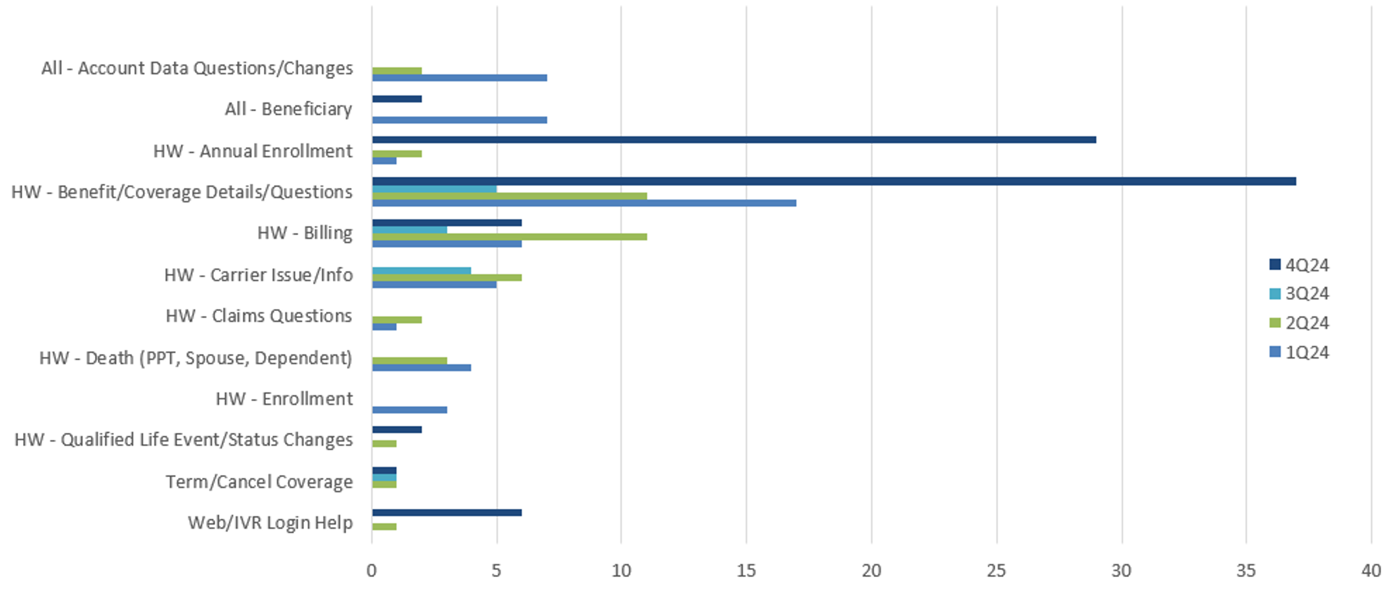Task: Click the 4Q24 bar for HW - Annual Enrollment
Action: coord(734,140)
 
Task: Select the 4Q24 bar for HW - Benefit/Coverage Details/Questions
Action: coord(834,181)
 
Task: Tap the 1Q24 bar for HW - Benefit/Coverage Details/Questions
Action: coord(583,203)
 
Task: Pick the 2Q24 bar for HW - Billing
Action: coord(509,237)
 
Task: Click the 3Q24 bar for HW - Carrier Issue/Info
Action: coord(421,271)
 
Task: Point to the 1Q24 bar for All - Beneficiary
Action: coord(459,120)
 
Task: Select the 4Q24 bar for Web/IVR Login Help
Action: coord(447,512)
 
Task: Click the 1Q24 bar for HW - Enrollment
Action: coord(409,410)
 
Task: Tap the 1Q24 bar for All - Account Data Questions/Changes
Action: coord(459,78)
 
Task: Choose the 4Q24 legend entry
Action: coord(1299,265)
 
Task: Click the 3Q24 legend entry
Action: coord(1299,293)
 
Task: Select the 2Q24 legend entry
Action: coord(1299,323)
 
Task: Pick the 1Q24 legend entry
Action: coord(1299,352)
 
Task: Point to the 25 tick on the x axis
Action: coord(996,571)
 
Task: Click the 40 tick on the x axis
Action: coord(1371,571)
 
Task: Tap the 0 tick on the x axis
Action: coord(371,571)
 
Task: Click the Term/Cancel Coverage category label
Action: coord(259,482)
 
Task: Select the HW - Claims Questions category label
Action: coord(259,316)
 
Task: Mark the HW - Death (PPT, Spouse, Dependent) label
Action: coord(196,358)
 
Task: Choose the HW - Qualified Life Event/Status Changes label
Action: coord(183,440)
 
